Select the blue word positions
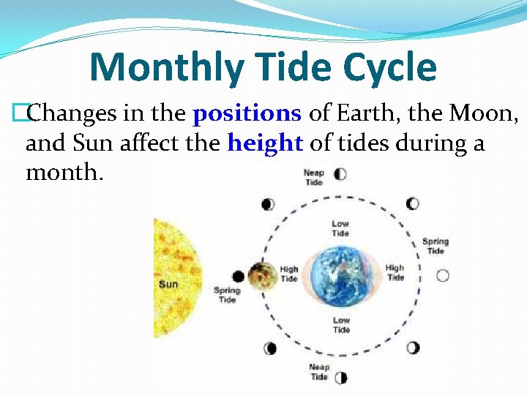(247, 113)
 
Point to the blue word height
(265, 143)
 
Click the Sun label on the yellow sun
(168, 284)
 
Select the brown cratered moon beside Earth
(260, 276)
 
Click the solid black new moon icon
(238, 276)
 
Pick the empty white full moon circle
(442, 276)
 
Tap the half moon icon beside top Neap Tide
(340, 174)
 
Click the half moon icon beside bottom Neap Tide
(340, 377)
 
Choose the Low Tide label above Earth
(340, 228)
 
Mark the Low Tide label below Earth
(341, 325)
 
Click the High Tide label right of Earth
(395, 273)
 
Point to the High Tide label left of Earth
(289, 274)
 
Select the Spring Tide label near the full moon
(436, 246)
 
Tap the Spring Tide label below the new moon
(227, 295)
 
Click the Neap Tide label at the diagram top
(314, 177)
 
